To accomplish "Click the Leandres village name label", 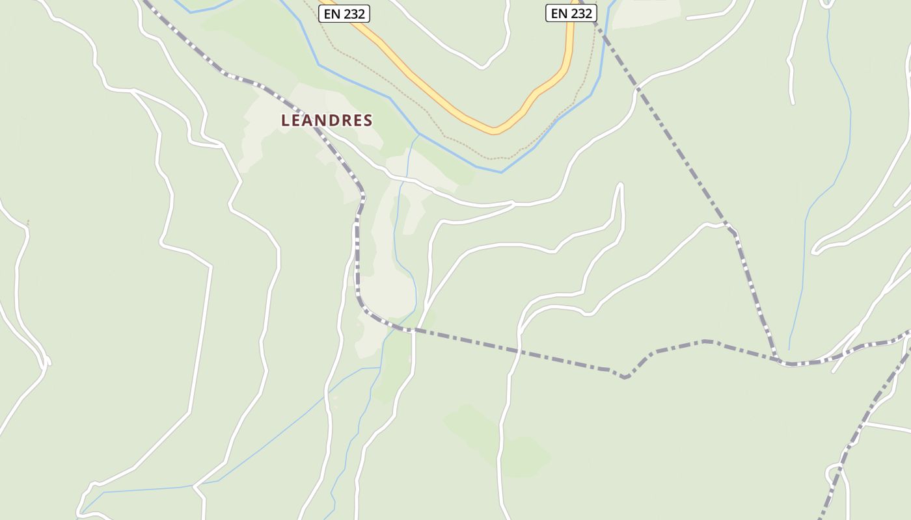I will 327,120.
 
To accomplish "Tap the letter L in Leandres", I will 285,120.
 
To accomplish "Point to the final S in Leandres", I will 368,120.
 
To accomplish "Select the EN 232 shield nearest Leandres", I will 344,13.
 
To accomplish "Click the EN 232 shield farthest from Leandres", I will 571,13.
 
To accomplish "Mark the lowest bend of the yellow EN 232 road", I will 495,130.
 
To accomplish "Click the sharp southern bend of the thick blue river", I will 501,172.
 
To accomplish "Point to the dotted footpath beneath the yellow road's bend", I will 495,158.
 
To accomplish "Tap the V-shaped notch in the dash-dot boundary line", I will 625,376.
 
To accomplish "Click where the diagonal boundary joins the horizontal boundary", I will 778,361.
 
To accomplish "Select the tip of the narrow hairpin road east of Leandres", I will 620,185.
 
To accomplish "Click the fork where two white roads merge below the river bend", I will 513,204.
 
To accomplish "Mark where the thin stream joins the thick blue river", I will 418,134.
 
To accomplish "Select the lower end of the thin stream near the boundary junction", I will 789,350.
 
